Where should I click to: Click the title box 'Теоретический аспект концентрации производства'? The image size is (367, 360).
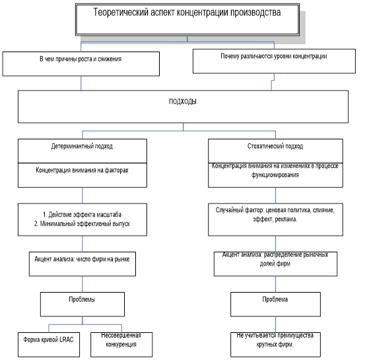[x=187, y=19]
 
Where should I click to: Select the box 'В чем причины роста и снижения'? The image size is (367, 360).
[x=81, y=64]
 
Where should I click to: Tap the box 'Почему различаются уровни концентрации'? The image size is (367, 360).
[x=274, y=61]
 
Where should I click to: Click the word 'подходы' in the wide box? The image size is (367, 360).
[x=183, y=102]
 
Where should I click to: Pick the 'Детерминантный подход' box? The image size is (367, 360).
[x=83, y=151]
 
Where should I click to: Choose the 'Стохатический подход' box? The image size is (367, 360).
[x=275, y=151]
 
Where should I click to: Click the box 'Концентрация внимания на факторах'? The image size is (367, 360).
[x=83, y=175]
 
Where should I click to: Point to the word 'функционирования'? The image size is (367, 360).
[x=275, y=175]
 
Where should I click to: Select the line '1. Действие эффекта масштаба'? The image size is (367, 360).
[x=82, y=215]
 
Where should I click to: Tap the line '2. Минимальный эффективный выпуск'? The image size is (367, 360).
[x=82, y=224]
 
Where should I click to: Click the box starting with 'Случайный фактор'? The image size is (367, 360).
[x=275, y=219]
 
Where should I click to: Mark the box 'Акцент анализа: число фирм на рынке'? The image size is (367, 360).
[x=83, y=264]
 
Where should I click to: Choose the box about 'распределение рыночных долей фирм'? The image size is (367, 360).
[x=275, y=264]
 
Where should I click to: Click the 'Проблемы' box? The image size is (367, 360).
[x=83, y=305]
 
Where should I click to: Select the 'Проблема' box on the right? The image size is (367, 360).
[x=275, y=305]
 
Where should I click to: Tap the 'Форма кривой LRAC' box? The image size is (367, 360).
[x=49, y=345]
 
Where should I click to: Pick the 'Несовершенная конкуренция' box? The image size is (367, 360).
[x=121, y=345]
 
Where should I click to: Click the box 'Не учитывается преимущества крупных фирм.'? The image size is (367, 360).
[x=275, y=345]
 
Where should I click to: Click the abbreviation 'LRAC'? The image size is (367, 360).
[x=67, y=340]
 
